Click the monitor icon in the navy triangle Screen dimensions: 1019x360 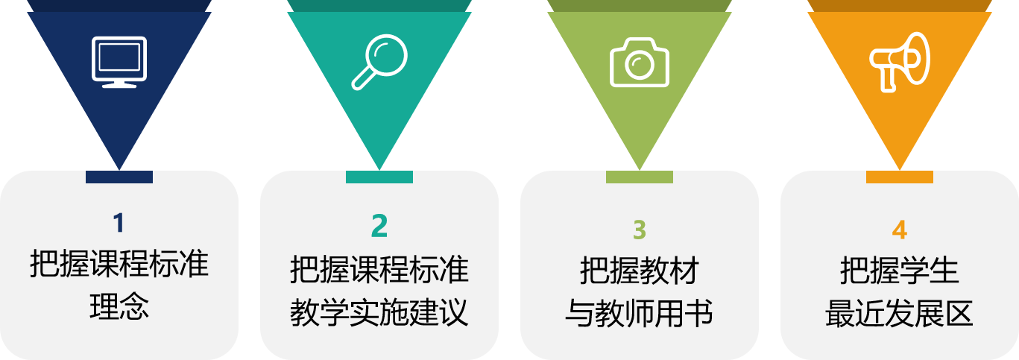(119, 61)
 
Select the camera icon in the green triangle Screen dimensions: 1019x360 (640, 61)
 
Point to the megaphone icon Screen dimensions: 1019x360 (900, 61)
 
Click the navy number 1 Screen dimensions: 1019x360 (119, 223)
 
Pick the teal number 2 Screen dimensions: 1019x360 (379, 225)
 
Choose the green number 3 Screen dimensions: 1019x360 (640, 230)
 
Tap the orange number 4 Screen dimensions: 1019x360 (900, 230)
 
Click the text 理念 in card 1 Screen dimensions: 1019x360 (119, 306)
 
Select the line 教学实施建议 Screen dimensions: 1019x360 (379, 312)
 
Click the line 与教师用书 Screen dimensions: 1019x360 (640, 313)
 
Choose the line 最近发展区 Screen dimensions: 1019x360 (900, 313)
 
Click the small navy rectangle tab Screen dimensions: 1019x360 (119, 177)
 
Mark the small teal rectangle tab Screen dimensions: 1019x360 (379, 177)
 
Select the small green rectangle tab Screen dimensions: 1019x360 (640, 177)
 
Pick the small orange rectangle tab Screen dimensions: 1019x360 (900, 177)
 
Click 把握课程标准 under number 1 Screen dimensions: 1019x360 (119, 264)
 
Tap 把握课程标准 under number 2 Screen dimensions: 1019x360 (379, 269)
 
